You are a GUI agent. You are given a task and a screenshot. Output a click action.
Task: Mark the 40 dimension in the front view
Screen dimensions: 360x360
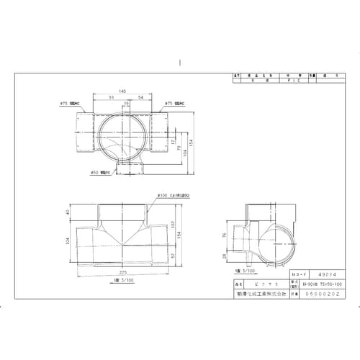click(68, 212)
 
